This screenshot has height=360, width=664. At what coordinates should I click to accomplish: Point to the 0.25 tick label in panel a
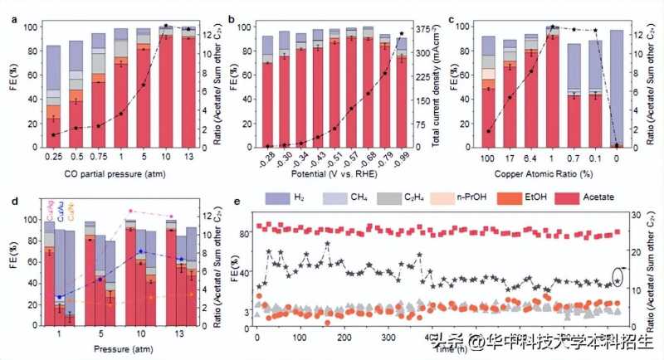tap(54, 156)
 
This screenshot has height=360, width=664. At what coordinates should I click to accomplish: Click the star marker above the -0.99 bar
tap(403, 34)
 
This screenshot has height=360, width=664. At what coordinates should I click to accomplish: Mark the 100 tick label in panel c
tap(489, 156)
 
